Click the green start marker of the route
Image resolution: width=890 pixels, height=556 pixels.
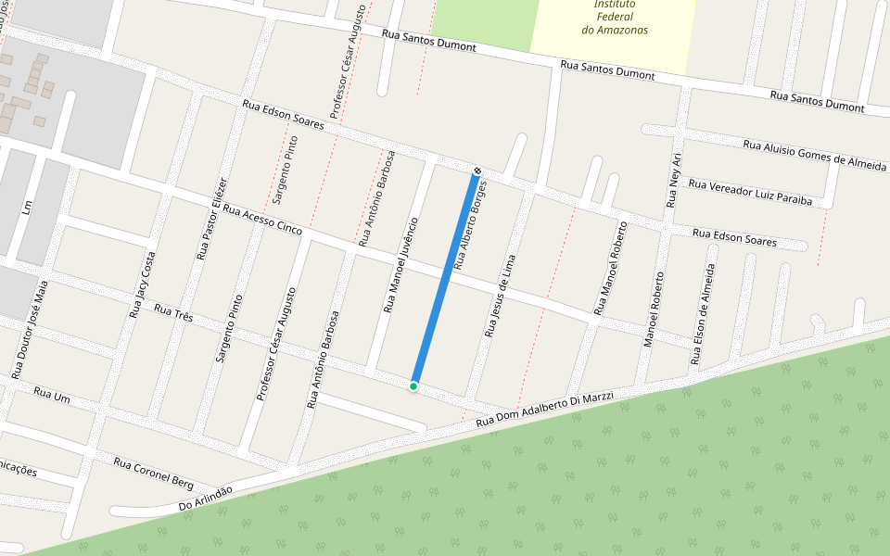(413, 385)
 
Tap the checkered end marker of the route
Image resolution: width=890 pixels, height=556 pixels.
(477, 171)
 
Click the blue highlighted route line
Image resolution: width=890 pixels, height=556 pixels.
(445, 278)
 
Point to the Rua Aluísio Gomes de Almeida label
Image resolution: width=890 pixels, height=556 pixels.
(814, 155)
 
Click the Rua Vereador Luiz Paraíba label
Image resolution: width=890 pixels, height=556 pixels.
(750, 192)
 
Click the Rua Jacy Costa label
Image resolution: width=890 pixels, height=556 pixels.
(142, 284)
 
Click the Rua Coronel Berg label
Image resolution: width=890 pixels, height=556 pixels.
(153, 473)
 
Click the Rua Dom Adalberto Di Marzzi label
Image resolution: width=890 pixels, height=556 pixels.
(544, 410)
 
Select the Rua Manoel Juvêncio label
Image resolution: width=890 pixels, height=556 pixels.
(400, 264)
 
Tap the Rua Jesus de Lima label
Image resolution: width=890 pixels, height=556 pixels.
(500, 295)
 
